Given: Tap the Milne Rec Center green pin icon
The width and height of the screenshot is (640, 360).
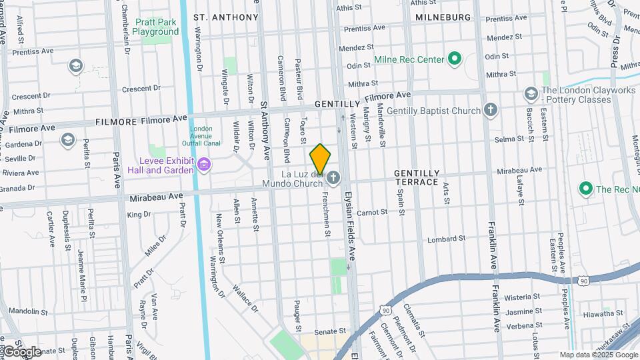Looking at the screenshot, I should click(x=455, y=59).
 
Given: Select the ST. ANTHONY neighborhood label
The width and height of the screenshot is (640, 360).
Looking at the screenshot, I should click(x=225, y=17).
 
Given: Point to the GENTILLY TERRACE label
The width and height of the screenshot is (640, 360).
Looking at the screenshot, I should click(x=417, y=177).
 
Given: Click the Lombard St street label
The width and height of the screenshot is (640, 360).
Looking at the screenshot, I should click(x=446, y=239).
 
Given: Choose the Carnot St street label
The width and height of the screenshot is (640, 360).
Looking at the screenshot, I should click(x=372, y=212).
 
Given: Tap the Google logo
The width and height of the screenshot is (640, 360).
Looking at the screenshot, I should click(x=22, y=351).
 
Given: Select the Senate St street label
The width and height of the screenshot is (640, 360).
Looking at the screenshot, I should click(x=330, y=331).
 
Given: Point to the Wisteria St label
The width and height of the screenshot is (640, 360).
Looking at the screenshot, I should click(x=522, y=297).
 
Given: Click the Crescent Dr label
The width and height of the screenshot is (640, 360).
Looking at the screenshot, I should click(x=137, y=89).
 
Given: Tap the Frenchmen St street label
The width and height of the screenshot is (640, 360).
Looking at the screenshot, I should click(x=327, y=214).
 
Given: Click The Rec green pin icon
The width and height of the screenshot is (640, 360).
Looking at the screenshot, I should click(x=586, y=189).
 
